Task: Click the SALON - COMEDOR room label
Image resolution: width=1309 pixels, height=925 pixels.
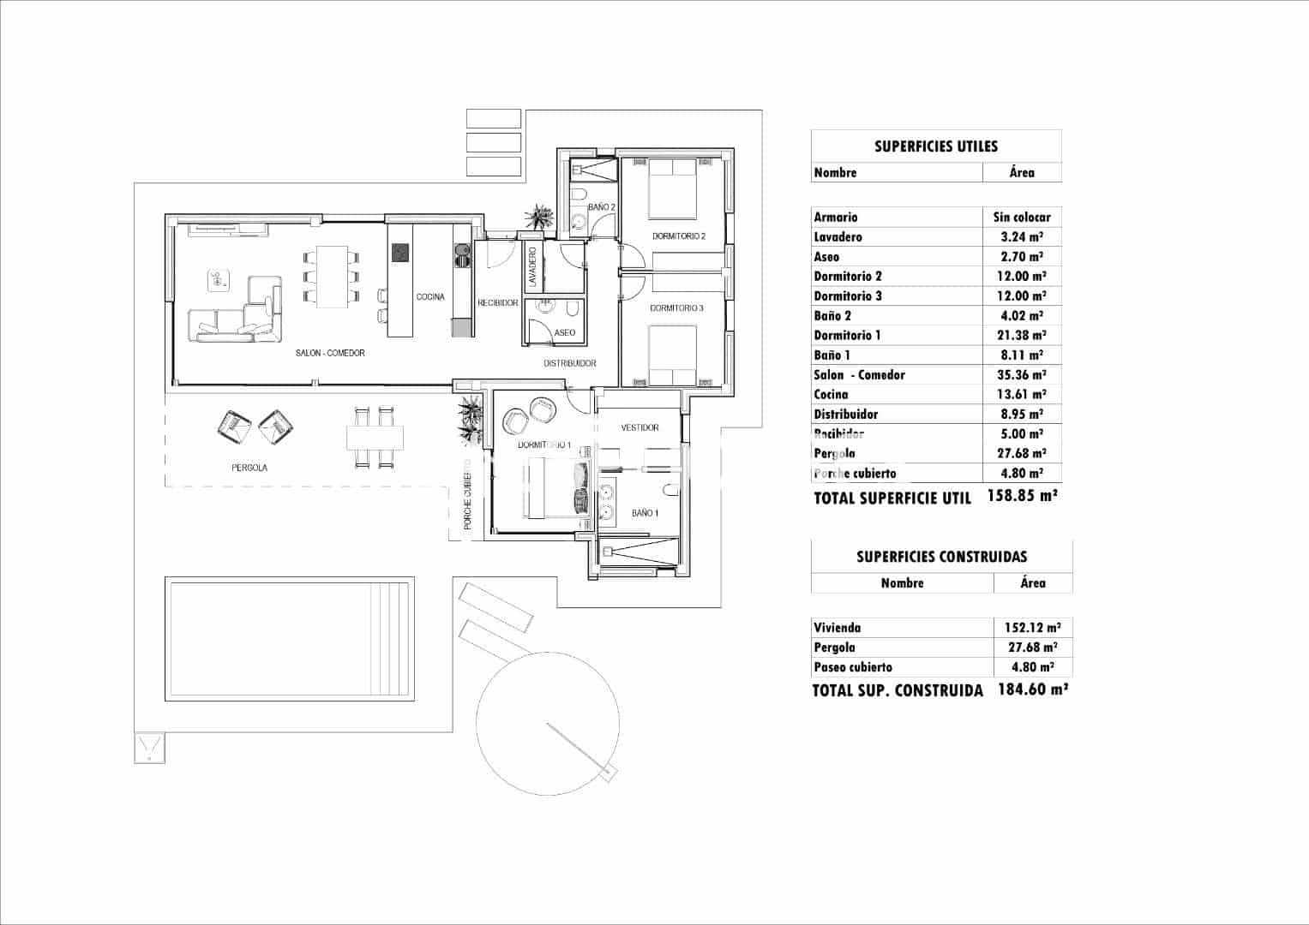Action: [330, 353]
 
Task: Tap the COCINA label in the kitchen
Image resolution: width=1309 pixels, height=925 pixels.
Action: [430, 297]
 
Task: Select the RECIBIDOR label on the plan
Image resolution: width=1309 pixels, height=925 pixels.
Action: [498, 303]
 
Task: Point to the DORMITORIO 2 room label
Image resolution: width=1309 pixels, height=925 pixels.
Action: [678, 236]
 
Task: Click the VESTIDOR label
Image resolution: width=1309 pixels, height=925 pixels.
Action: [639, 427]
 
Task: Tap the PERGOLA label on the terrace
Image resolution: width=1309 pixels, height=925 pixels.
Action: [249, 468]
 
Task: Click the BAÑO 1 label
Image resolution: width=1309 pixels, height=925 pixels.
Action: [645, 513]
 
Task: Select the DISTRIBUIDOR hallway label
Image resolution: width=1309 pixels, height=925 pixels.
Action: [570, 363]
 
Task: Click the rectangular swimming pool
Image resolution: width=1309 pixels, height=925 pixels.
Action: [290, 638]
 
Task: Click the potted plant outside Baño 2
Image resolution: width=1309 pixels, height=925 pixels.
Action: [539, 216]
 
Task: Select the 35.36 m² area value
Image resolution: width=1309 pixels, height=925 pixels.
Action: [1022, 375]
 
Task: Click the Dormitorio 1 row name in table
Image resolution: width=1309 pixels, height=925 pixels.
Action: [847, 336]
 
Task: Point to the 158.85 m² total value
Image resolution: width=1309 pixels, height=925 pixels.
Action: [1022, 496]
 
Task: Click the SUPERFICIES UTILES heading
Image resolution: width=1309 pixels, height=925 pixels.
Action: [936, 146]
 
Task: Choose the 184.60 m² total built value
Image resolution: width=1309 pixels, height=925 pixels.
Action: [1033, 689]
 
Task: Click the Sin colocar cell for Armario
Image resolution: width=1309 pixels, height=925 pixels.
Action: [1022, 218]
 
